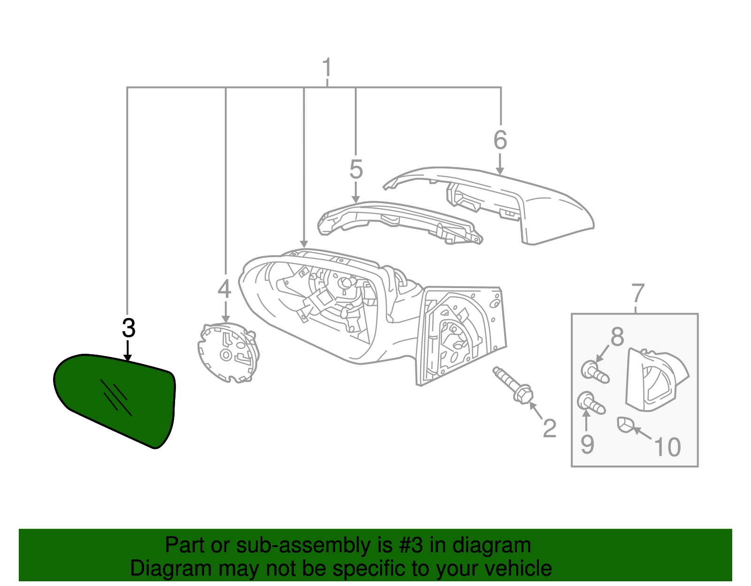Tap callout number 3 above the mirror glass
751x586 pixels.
click(x=128, y=328)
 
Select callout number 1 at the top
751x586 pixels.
click(x=327, y=68)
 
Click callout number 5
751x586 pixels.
click(x=356, y=169)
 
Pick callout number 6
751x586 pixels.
click(x=500, y=140)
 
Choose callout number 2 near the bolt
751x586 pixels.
click(x=549, y=428)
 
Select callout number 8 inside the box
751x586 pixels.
click(x=617, y=336)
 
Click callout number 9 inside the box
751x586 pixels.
click(x=587, y=444)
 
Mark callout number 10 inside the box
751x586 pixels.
click(x=667, y=447)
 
